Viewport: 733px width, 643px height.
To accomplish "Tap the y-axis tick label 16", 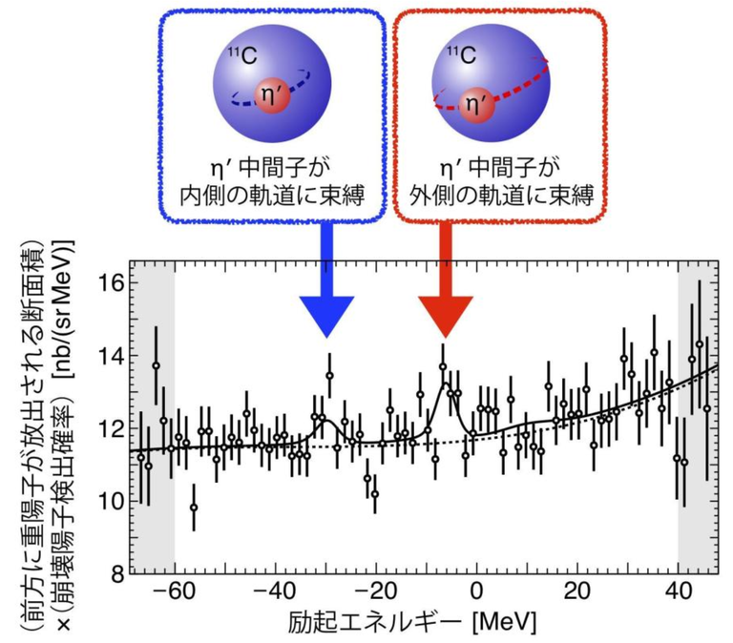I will (111, 282).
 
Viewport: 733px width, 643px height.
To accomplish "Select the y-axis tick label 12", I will (111, 428).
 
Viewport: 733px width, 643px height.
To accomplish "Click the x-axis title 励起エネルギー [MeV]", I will (411, 622).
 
